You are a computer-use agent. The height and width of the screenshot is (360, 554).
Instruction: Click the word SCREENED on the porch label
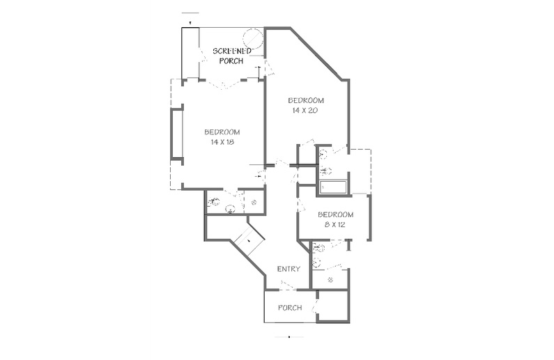coord(232,51)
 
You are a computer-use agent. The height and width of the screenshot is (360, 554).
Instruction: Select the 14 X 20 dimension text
coord(305,111)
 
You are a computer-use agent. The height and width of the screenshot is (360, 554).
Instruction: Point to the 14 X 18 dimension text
coord(222,142)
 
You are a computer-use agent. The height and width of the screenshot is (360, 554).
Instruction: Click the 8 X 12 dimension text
coord(334,224)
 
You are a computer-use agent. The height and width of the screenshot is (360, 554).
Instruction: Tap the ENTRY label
coord(288,269)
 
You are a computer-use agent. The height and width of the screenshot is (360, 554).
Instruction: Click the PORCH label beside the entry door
coord(290,308)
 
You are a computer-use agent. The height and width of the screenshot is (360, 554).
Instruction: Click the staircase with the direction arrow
coord(249,240)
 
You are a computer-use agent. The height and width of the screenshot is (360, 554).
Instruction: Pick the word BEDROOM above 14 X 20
coord(306,100)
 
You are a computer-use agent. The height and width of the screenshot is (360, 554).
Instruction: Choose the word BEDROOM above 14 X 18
coord(222,132)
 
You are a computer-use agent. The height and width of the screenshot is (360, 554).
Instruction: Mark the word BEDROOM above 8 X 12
coord(336,214)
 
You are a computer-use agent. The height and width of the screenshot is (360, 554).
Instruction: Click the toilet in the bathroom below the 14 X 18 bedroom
coord(214,202)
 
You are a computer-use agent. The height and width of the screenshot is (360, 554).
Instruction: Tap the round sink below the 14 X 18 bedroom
coord(230,209)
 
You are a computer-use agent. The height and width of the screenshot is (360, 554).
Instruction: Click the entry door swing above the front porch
coord(288,285)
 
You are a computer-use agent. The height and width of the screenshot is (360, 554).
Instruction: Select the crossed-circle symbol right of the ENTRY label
coord(331,280)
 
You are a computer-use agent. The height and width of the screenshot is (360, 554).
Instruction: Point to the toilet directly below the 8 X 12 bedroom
coord(318,248)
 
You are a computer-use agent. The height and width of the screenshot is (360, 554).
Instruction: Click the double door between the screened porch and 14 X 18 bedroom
coord(223,85)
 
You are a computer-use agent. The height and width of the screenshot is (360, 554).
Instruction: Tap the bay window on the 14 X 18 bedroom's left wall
coord(177,134)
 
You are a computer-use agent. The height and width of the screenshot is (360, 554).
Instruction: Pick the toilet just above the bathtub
coord(325,171)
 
